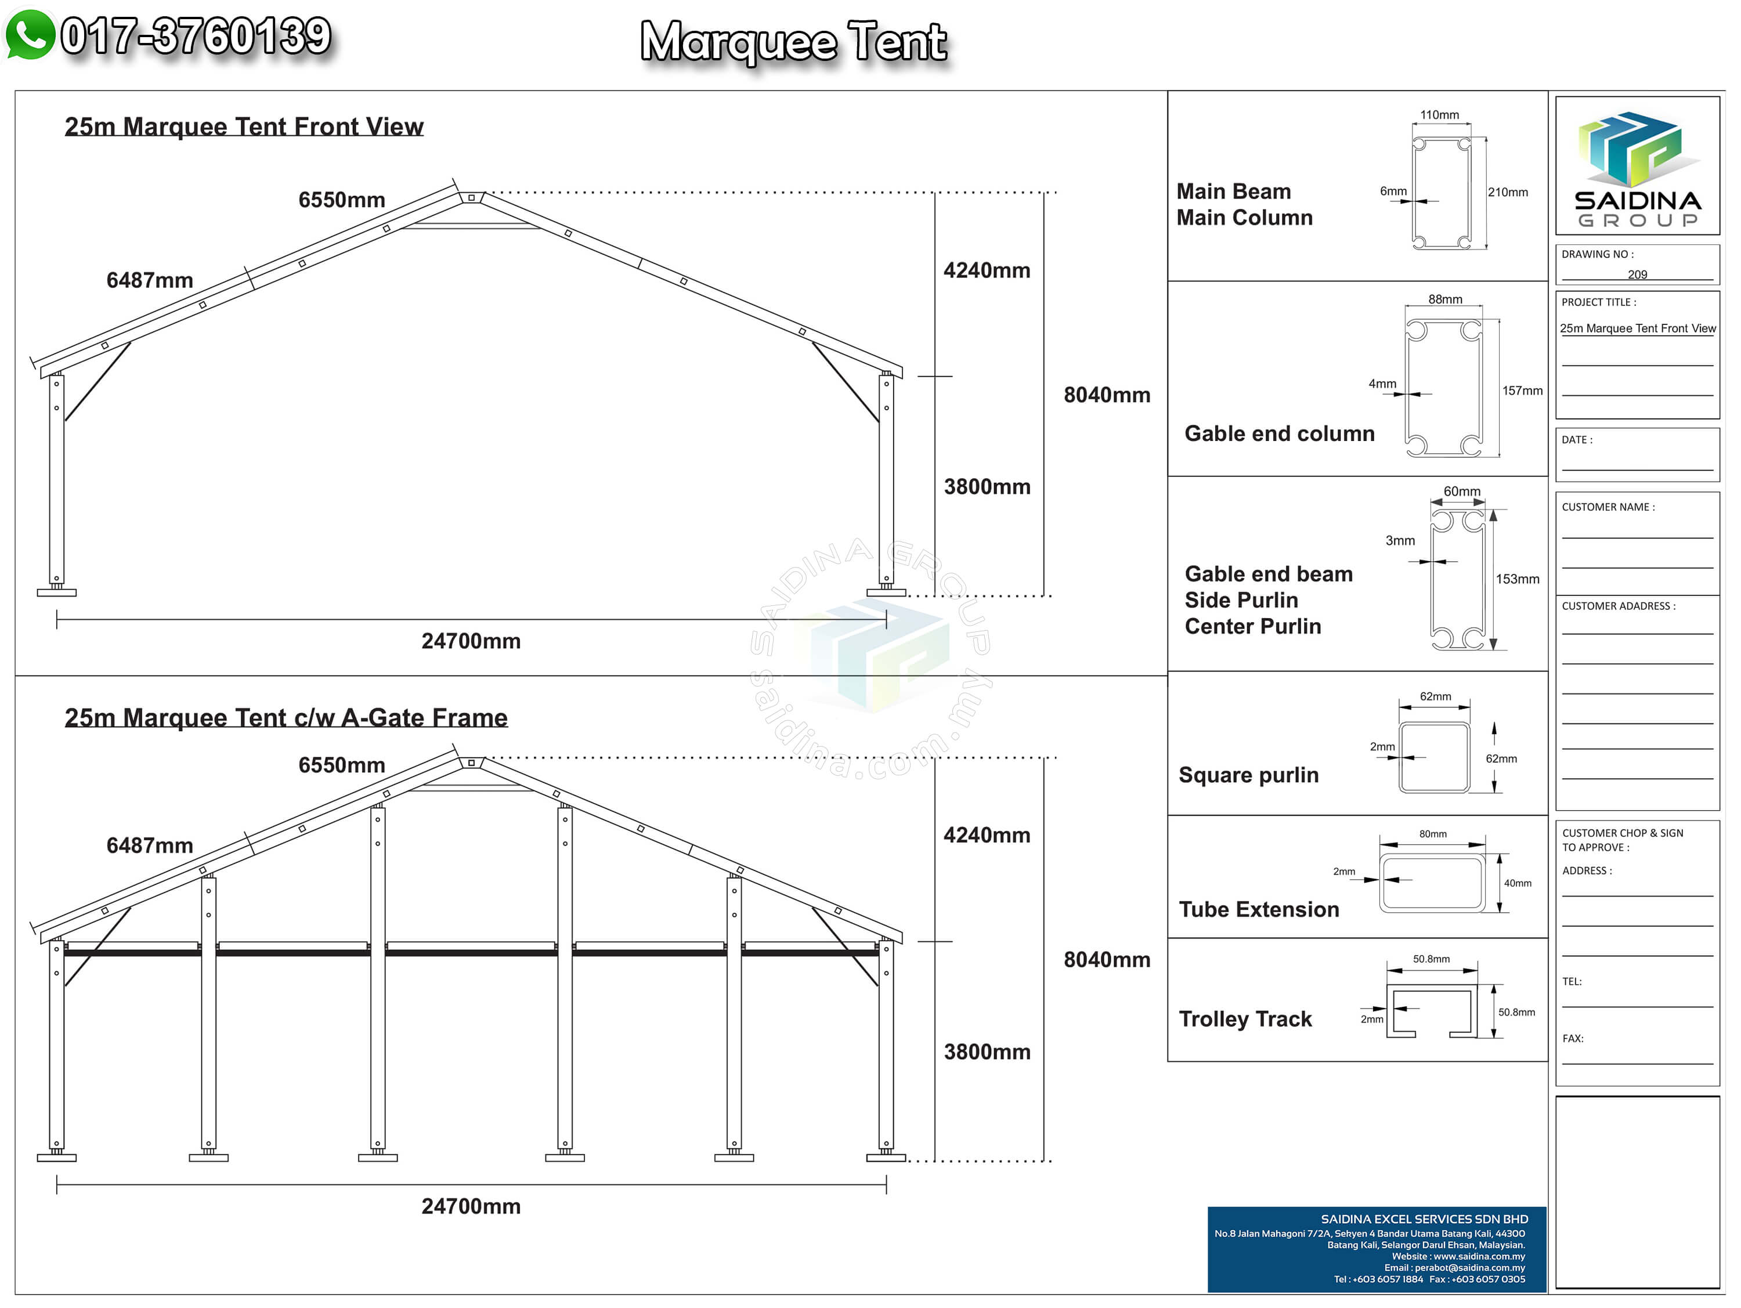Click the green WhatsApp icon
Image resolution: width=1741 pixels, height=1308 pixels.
30,35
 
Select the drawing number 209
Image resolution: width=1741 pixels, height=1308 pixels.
1637,274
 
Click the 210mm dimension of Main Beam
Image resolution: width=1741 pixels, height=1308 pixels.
1507,193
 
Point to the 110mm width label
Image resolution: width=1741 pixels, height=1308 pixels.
1439,115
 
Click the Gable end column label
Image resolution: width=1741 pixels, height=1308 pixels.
1279,433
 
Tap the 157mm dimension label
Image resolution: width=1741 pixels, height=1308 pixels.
1522,391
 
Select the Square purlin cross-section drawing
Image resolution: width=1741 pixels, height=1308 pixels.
1434,757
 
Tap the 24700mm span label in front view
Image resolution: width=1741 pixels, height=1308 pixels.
471,641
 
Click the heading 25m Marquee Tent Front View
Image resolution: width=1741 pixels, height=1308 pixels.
244,127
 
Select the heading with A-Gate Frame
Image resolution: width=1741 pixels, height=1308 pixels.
286,718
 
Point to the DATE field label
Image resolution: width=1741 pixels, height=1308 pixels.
1577,440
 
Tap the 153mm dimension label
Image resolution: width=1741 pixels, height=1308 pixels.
1516,579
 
